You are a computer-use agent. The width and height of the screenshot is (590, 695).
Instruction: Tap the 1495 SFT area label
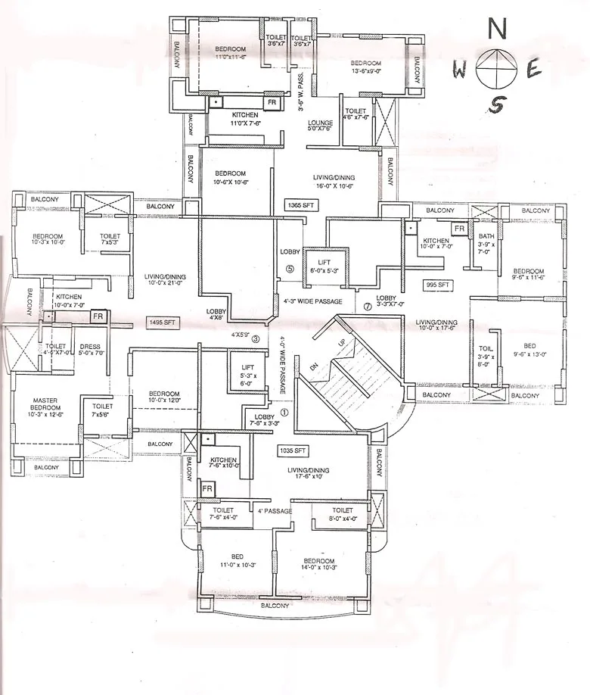[x=161, y=323]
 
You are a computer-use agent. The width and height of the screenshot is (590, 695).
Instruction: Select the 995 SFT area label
[x=439, y=285]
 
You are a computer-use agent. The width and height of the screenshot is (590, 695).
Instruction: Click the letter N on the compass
[x=496, y=29]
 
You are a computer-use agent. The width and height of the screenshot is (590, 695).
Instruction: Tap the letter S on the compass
[x=495, y=105]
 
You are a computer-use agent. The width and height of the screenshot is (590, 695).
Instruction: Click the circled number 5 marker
[x=290, y=268]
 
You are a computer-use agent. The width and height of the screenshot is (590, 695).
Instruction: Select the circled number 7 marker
[x=368, y=307]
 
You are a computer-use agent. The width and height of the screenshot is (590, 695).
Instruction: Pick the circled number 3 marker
[x=256, y=338]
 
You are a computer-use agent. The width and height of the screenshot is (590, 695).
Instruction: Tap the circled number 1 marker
[x=284, y=413]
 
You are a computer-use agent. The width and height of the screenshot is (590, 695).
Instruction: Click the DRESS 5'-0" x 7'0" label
[x=90, y=350]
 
